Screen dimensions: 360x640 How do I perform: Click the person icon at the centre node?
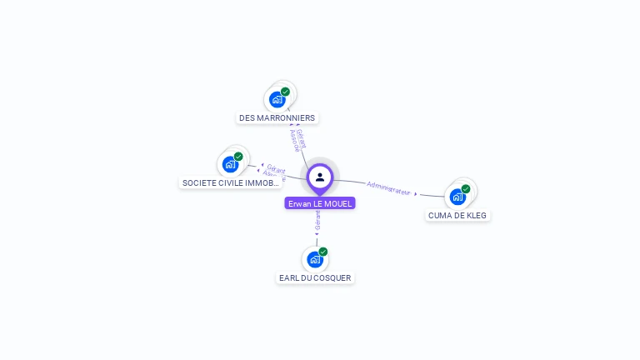tap(320, 177)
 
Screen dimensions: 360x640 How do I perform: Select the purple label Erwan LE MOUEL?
tap(320, 203)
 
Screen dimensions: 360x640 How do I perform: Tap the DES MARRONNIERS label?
tap(277, 117)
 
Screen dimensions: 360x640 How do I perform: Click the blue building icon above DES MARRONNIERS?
tap(277, 99)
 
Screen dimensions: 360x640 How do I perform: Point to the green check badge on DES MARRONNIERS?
tap(285, 92)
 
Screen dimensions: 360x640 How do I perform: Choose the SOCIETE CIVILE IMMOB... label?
tap(230, 182)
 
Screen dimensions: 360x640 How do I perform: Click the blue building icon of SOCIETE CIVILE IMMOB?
tap(230, 164)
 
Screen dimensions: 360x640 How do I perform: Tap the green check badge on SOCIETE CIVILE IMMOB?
tap(238, 157)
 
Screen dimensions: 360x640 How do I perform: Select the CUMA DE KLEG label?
tap(457, 215)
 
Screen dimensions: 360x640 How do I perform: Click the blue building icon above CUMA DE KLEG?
tap(457, 197)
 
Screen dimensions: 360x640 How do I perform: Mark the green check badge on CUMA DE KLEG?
tap(466, 189)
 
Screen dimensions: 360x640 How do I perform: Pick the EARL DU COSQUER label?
tap(315, 277)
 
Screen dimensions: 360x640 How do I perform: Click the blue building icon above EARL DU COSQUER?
tap(315, 259)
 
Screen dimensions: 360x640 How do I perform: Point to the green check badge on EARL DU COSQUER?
tap(323, 252)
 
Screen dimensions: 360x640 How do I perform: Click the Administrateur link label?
tap(389, 187)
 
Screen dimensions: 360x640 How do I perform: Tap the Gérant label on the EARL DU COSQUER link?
tap(317, 220)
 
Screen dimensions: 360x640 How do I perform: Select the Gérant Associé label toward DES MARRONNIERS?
tap(297, 139)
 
